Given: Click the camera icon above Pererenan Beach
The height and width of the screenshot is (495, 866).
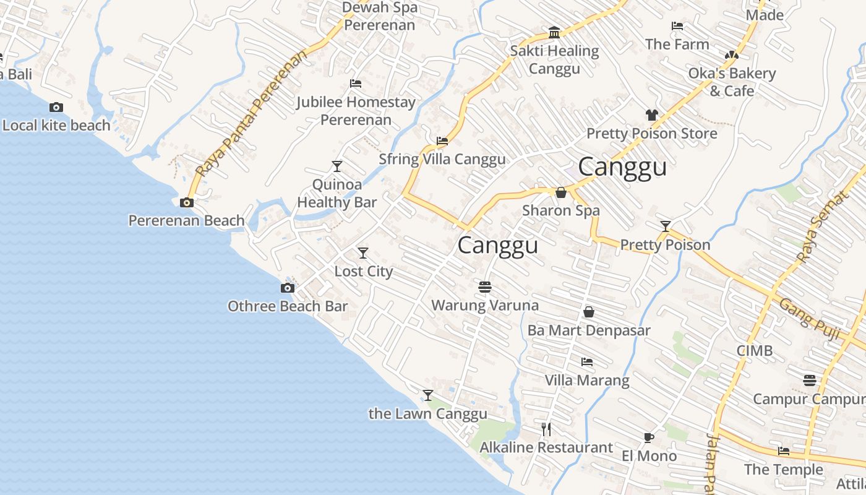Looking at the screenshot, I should click(186, 202).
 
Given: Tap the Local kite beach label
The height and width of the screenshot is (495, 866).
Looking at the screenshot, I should click(56, 126).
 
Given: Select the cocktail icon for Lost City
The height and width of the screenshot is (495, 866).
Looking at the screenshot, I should click(363, 253).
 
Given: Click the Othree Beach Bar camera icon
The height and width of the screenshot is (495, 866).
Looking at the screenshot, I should click(288, 288).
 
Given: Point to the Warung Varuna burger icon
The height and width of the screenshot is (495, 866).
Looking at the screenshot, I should click(485, 287).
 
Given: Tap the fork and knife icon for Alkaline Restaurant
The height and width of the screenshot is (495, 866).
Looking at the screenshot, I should click(546, 429).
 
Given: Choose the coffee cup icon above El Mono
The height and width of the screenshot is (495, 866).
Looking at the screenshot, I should click(648, 438).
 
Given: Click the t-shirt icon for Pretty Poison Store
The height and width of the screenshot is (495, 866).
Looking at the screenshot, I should click(651, 114).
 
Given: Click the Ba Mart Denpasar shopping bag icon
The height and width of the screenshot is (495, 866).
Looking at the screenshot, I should click(589, 312).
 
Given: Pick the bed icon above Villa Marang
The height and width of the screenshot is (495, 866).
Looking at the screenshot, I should click(587, 362).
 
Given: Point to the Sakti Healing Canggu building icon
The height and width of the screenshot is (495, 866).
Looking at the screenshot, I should click(554, 32).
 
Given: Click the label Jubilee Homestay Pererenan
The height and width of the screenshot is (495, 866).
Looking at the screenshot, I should click(356, 111).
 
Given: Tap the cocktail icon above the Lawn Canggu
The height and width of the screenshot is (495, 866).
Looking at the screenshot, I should click(427, 395).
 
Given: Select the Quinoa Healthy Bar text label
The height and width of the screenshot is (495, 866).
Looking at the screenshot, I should click(337, 193).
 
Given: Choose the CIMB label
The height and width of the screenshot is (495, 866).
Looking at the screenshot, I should click(754, 351).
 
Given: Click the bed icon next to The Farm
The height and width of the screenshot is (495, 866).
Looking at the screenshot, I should click(677, 26).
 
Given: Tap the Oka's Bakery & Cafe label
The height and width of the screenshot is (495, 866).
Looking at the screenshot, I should click(732, 82).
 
